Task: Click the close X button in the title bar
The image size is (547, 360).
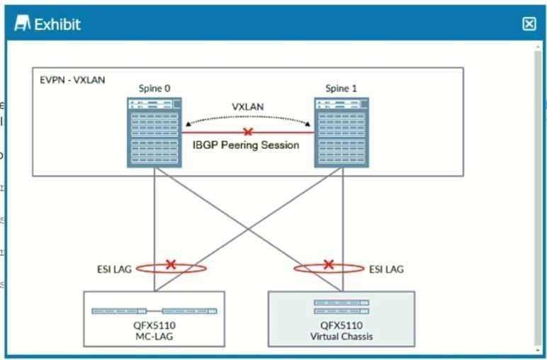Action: coord(529,24)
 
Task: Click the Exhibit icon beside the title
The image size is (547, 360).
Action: coord(23,24)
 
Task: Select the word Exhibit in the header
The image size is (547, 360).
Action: coord(57,24)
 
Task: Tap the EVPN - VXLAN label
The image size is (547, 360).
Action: coord(72,79)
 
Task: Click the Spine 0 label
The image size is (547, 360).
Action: coord(154,89)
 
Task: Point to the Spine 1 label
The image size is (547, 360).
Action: coord(341,89)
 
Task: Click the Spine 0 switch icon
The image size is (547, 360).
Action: coord(154,133)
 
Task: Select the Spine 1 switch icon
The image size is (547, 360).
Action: coord(342,133)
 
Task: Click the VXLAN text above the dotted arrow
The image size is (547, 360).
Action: coord(248,107)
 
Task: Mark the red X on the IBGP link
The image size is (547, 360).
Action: coord(247,132)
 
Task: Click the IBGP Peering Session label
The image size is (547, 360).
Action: coord(246,145)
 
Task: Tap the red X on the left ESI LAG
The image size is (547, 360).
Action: coord(171,264)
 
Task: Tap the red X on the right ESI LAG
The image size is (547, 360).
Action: coord(328,264)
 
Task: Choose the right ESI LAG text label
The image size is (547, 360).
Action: coord(386,269)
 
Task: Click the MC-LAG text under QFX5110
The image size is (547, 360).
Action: coord(154,337)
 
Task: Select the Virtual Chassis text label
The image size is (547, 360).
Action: coord(342,337)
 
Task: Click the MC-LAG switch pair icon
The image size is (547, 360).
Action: coord(154,311)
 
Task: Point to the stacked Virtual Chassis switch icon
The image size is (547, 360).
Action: coord(342,307)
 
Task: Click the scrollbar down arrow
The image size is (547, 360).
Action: coord(538,349)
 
